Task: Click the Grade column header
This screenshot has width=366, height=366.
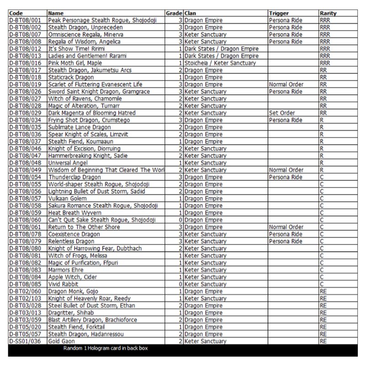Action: click(x=174, y=14)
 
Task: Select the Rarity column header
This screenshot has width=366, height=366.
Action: click(x=328, y=14)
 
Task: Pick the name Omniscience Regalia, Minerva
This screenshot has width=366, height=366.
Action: click(x=87, y=34)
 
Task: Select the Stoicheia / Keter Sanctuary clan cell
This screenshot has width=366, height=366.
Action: click(x=220, y=63)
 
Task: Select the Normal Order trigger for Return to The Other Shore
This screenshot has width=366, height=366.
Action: click(x=286, y=227)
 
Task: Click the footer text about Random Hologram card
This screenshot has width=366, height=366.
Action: click(x=105, y=349)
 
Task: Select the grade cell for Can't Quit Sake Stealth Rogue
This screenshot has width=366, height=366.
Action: click(x=181, y=220)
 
